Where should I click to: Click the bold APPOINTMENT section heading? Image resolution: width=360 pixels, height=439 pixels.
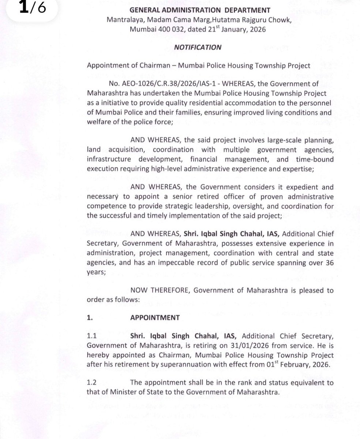tap(155, 317)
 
